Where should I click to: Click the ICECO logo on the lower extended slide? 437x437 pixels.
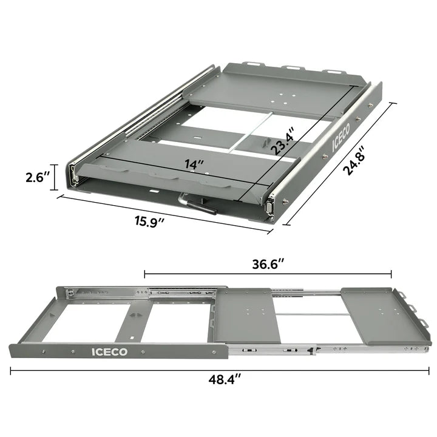click(x=110, y=351)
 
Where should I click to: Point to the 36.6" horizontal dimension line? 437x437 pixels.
click(x=182, y=274)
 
